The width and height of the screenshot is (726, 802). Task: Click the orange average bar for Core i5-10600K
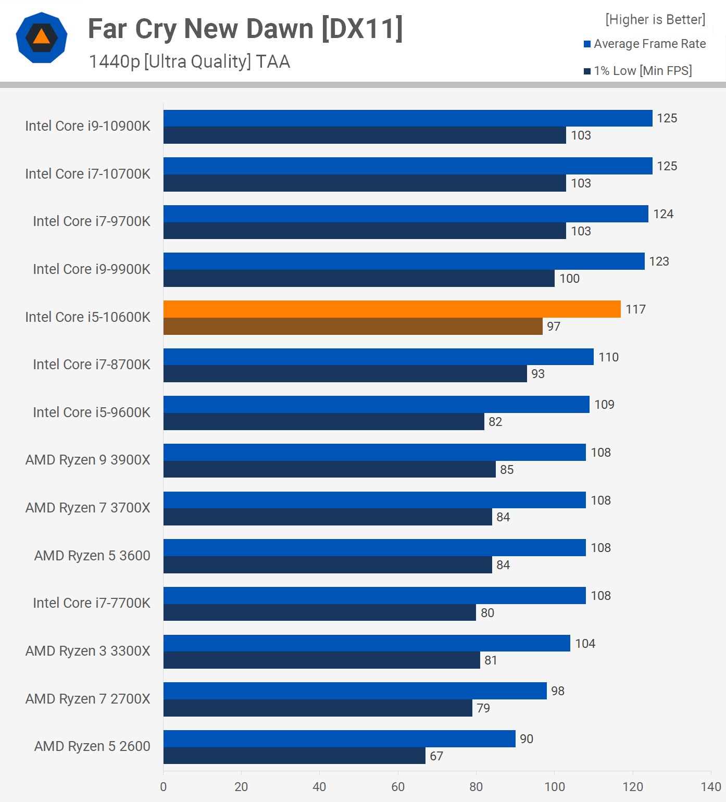point(392,309)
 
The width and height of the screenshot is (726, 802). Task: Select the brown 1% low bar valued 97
point(353,327)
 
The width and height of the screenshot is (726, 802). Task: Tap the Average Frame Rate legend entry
point(645,44)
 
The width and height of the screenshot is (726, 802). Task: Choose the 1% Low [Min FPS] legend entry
point(638,71)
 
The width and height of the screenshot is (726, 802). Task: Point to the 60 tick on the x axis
point(398,787)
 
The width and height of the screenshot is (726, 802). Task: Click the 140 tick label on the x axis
point(711,787)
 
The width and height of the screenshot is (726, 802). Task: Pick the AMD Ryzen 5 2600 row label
point(92,746)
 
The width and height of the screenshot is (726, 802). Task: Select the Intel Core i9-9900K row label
point(92,269)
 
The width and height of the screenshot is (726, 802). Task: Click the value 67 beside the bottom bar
point(436,756)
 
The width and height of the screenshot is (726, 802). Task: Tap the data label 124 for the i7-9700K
point(663,214)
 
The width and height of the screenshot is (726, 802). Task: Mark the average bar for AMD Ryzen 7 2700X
point(355,691)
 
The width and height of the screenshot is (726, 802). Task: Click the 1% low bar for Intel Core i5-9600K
point(323,422)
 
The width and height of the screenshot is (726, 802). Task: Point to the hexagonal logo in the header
point(42,37)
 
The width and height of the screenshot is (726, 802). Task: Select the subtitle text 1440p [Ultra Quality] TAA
point(190,62)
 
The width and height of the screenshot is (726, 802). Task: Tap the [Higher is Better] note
point(655,20)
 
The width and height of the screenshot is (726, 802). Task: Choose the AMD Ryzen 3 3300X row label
point(87,651)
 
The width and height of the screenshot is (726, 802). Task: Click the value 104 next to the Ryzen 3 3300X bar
point(585,644)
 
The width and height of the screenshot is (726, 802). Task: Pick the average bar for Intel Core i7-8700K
point(378,357)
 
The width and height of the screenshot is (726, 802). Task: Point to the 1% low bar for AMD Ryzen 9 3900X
point(329,470)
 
